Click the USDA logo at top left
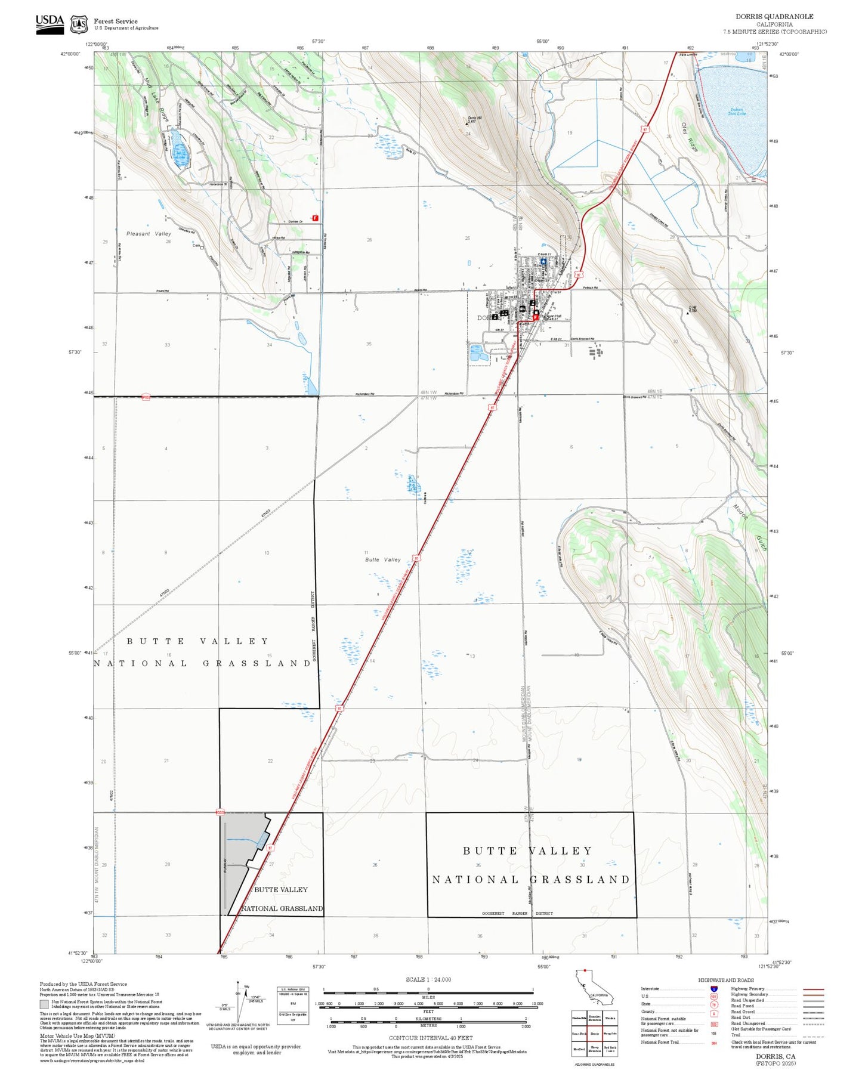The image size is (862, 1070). [50, 24]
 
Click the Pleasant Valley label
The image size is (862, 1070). [149, 234]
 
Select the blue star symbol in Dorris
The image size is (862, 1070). [543, 261]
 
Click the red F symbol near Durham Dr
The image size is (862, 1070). [315, 218]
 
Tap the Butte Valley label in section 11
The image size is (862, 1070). [383, 559]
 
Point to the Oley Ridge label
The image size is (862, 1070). [689, 137]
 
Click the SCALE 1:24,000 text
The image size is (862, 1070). [428, 979]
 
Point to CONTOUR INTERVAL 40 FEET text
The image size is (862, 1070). [430, 1037]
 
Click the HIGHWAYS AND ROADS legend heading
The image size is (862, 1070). [726, 979]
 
